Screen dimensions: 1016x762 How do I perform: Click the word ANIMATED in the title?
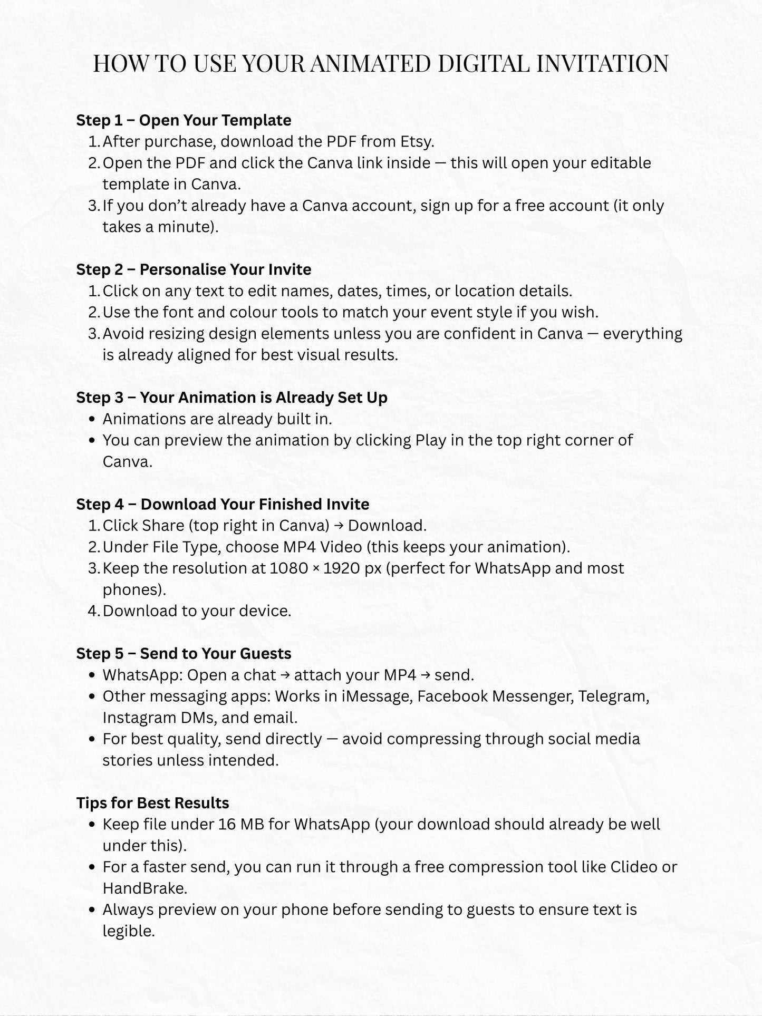(370, 64)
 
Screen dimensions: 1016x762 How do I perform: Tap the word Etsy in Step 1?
(417, 141)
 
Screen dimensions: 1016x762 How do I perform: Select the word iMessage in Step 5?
(377, 696)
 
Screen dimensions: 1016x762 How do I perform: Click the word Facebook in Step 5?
(452, 696)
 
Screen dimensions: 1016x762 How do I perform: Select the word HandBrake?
(144, 888)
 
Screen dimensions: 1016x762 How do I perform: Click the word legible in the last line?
(128, 931)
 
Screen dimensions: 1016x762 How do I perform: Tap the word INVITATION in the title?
(602, 64)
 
